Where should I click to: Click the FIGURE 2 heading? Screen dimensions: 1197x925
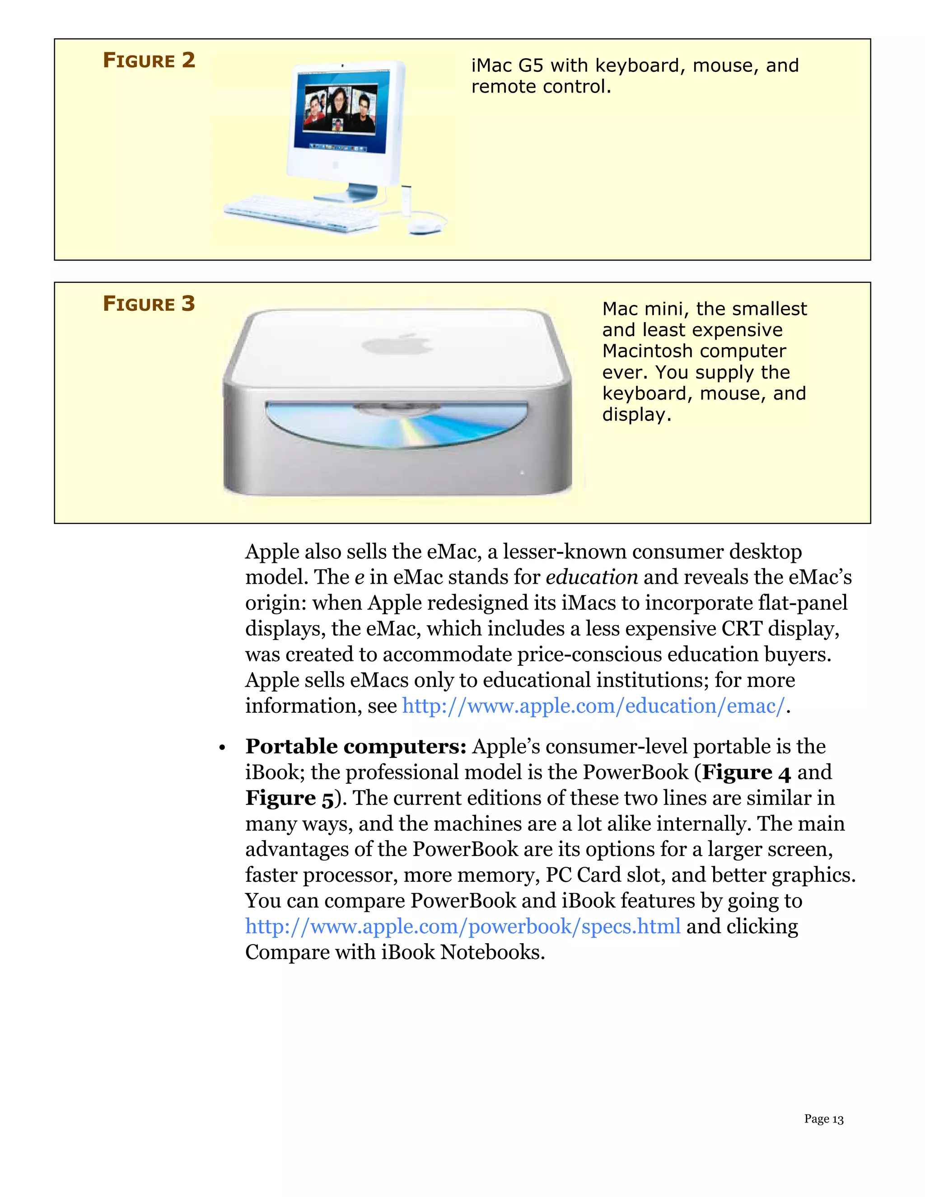[149, 60]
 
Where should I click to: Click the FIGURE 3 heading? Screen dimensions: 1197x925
[149, 304]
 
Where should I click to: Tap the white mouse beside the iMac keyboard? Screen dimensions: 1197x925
[425, 226]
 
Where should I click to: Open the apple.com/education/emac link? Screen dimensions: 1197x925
[593, 706]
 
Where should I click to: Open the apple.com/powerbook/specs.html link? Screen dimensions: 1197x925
[462, 926]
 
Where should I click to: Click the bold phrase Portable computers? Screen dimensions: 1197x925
[355, 747]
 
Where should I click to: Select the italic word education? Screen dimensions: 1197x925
[592, 577]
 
